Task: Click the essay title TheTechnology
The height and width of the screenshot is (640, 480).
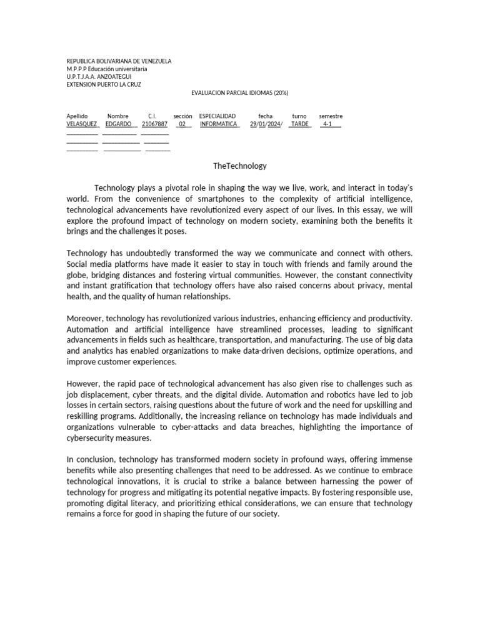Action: point(239,166)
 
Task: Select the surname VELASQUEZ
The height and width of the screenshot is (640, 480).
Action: point(81,124)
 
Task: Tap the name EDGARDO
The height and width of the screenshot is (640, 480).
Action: point(118,124)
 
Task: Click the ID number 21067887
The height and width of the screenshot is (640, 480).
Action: point(154,124)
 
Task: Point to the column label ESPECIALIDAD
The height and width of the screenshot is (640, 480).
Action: point(217,116)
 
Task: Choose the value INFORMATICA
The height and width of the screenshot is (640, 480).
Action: point(219,124)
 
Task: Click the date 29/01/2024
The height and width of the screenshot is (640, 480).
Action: point(266,124)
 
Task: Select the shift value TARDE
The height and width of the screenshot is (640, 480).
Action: point(300,124)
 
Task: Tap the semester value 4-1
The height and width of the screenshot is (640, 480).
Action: point(327,124)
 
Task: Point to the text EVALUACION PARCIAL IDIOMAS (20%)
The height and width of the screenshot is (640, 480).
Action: point(239,92)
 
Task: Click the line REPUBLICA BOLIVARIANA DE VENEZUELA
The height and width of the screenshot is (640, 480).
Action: point(119,61)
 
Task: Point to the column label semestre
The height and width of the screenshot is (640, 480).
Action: point(331,116)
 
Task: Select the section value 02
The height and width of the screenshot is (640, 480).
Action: point(182,124)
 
